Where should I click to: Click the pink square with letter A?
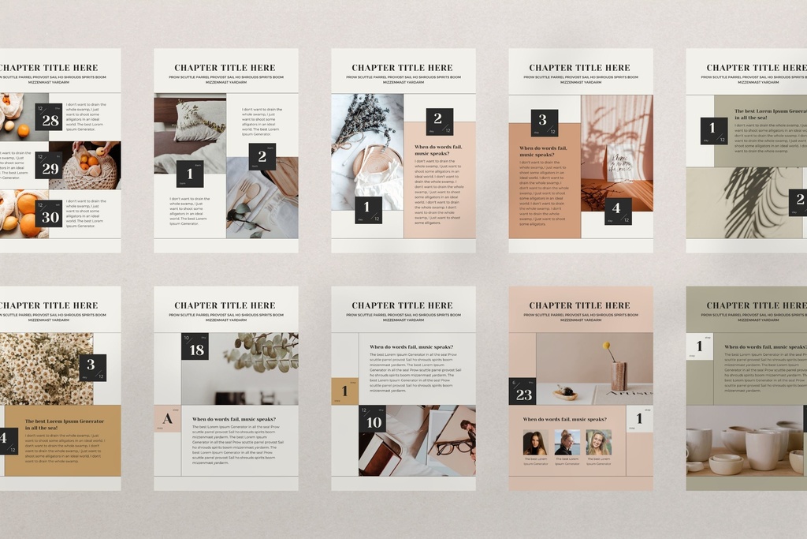click(167, 418)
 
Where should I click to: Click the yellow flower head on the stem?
click(607, 345)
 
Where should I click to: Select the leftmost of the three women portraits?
click(534, 442)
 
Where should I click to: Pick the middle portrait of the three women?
click(567, 442)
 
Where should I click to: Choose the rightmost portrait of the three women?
click(599, 442)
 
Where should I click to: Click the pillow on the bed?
click(199, 120)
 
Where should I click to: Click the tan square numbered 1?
click(344, 391)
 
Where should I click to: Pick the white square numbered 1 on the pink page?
click(639, 419)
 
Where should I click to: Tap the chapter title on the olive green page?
click(755, 305)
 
